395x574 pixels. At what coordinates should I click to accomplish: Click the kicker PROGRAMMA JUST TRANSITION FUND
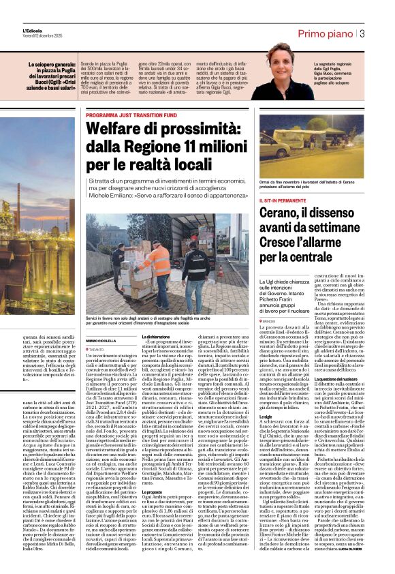click(128, 115)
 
